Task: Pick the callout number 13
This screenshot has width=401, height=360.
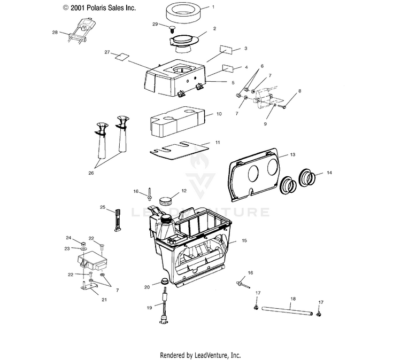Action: tap(292, 154)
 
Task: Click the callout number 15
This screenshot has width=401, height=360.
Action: tap(244, 241)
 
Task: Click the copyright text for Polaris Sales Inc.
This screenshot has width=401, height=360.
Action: tap(99, 8)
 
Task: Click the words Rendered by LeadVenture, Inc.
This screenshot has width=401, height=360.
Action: tap(200, 355)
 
